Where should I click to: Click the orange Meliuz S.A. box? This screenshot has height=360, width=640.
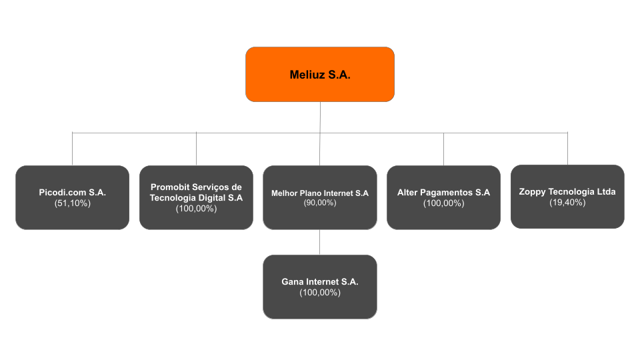coord(320,74)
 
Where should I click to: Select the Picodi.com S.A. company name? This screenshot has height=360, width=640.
coord(72,192)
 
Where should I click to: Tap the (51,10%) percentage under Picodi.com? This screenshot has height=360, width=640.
coord(72,203)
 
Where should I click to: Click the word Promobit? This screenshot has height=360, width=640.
coord(169,187)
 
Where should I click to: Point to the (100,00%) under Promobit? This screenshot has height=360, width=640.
coord(196,209)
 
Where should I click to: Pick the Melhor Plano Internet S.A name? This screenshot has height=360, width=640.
coord(320,193)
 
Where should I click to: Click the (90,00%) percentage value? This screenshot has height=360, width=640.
coord(320,203)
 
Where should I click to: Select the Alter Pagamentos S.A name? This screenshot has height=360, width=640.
coord(444,192)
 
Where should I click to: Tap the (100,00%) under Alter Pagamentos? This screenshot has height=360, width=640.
coord(444,203)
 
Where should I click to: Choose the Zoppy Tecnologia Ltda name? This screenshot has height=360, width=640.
coord(567,191)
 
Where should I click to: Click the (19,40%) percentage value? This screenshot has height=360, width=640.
coord(567,203)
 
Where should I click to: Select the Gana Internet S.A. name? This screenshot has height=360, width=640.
coord(320,281)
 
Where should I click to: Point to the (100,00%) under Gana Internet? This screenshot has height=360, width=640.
coord(320,293)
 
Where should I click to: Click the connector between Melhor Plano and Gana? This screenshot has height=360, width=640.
coord(319,242)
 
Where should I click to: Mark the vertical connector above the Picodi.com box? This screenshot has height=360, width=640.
coord(72,149)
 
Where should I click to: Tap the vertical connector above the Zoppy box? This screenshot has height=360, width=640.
coord(567,149)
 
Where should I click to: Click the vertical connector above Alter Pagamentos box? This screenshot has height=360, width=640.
coord(444,149)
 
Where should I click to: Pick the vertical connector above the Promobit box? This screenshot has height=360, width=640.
coord(196,149)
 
